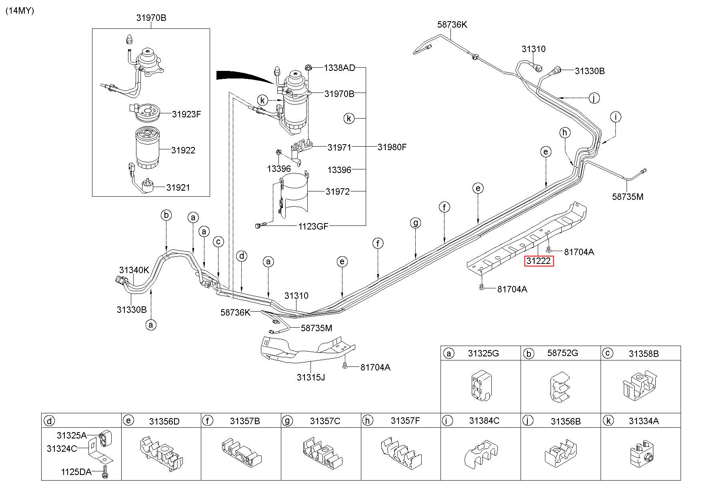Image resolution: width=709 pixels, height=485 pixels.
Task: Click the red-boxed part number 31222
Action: point(539,261)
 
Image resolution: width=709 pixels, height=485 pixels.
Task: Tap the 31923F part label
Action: point(186,114)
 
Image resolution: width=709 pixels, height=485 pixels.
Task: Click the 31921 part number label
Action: point(178,187)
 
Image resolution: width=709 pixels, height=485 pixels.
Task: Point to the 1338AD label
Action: point(339,68)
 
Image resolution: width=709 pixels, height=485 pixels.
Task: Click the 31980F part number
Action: point(392,147)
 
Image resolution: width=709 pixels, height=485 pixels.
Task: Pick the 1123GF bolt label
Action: point(313,226)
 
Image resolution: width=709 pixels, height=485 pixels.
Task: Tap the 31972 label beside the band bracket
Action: point(337,191)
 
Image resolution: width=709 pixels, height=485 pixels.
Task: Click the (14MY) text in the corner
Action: point(20,11)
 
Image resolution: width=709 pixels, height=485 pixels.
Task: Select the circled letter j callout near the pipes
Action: point(594,98)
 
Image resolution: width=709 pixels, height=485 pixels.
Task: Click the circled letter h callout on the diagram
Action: point(565,132)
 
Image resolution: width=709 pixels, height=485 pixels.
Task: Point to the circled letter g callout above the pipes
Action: point(416,223)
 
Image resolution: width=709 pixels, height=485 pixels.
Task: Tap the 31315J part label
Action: point(310,377)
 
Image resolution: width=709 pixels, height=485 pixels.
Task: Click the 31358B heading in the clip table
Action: point(643,354)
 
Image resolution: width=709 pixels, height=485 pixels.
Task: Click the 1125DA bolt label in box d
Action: point(76,472)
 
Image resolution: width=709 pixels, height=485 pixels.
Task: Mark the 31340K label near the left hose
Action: point(134,270)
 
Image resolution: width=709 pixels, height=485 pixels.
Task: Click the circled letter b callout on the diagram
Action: point(166,215)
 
